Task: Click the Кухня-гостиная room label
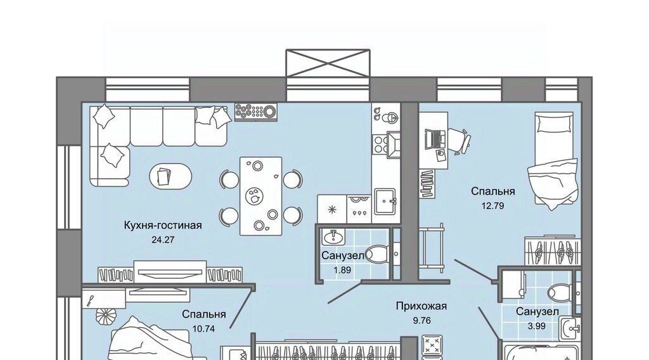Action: pyautogui.click(x=163, y=226)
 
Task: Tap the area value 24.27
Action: pyautogui.click(x=163, y=240)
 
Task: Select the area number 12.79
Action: pyautogui.click(x=492, y=205)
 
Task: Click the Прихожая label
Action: pyautogui.click(x=421, y=306)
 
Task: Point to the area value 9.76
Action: pyautogui.click(x=421, y=321)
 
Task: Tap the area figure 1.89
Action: pyautogui.click(x=342, y=270)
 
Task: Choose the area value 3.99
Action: pyautogui.click(x=536, y=326)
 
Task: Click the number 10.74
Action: pyautogui.click(x=204, y=329)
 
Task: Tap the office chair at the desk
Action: pyautogui.click(x=459, y=141)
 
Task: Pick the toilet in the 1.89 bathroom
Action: pyautogui.click(x=378, y=254)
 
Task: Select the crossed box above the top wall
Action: pyautogui.click(x=328, y=63)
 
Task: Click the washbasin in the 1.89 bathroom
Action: pyautogui.click(x=333, y=237)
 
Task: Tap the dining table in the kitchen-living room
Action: pyautogui.click(x=261, y=196)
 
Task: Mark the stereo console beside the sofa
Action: pyautogui.click(x=256, y=112)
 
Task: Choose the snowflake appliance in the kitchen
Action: pyautogui.click(x=331, y=209)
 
